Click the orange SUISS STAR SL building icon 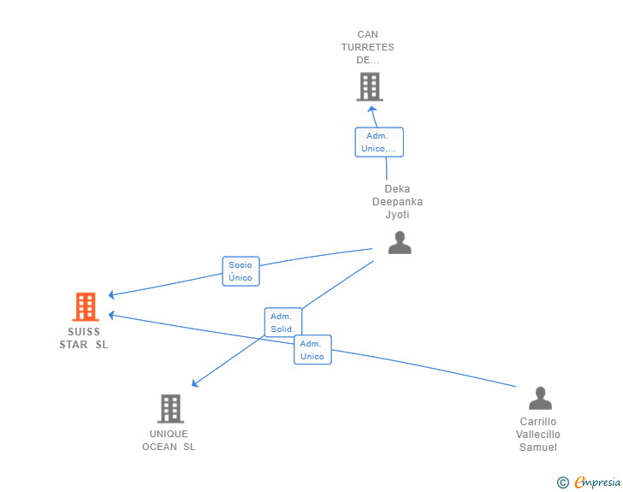(86, 306)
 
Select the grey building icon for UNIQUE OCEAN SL (170, 408)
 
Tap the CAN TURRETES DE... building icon (370, 86)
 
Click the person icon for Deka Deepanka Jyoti (400, 242)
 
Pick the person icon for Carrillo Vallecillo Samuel (540, 398)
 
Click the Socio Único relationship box (240, 271)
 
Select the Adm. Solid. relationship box (283, 323)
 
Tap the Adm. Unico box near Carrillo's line (312, 350)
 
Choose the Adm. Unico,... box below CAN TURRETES (379, 142)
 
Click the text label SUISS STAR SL (84, 338)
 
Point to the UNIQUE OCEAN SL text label (169, 440)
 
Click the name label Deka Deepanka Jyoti (397, 201)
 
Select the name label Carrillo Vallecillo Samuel (538, 435)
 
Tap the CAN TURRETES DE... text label (367, 47)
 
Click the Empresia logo (597, 482)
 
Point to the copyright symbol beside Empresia (562, 483)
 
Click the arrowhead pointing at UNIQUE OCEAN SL (195, 383)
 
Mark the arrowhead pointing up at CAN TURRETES (372, 110)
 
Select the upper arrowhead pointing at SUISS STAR (111, 294)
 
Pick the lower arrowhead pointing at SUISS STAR (111, 315)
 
